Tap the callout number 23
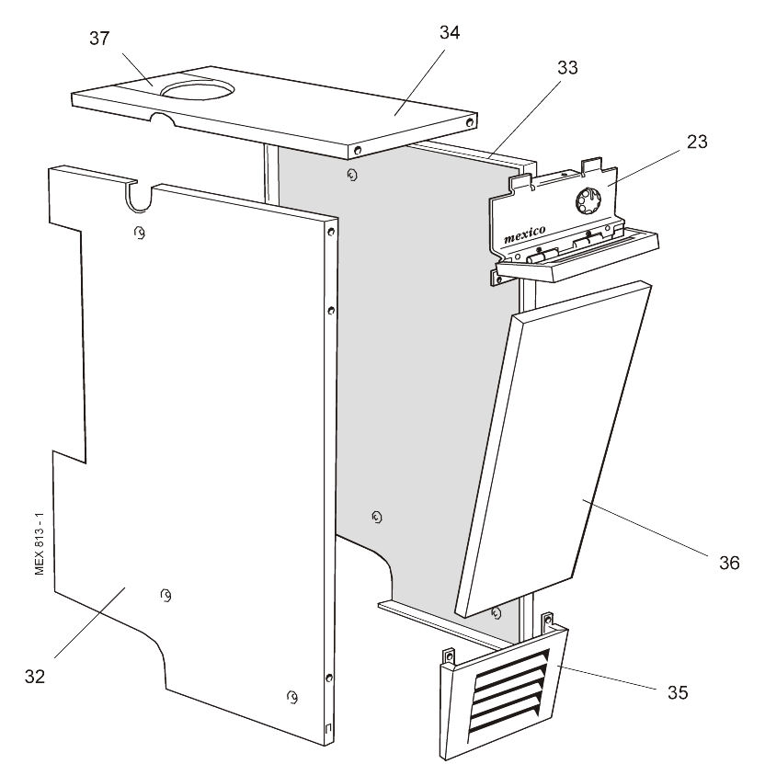point(697,143)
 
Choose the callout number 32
point(36,676)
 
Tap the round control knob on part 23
point(587,201)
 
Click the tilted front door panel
point(552,450)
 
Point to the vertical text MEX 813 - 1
point(40,537)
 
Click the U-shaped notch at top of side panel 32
point(140,195)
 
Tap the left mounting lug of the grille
point(449,656)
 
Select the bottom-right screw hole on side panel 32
point(291,696)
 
